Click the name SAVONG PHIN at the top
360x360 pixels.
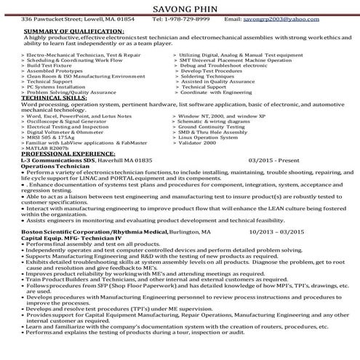180,7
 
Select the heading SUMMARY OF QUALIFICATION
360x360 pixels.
77,32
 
